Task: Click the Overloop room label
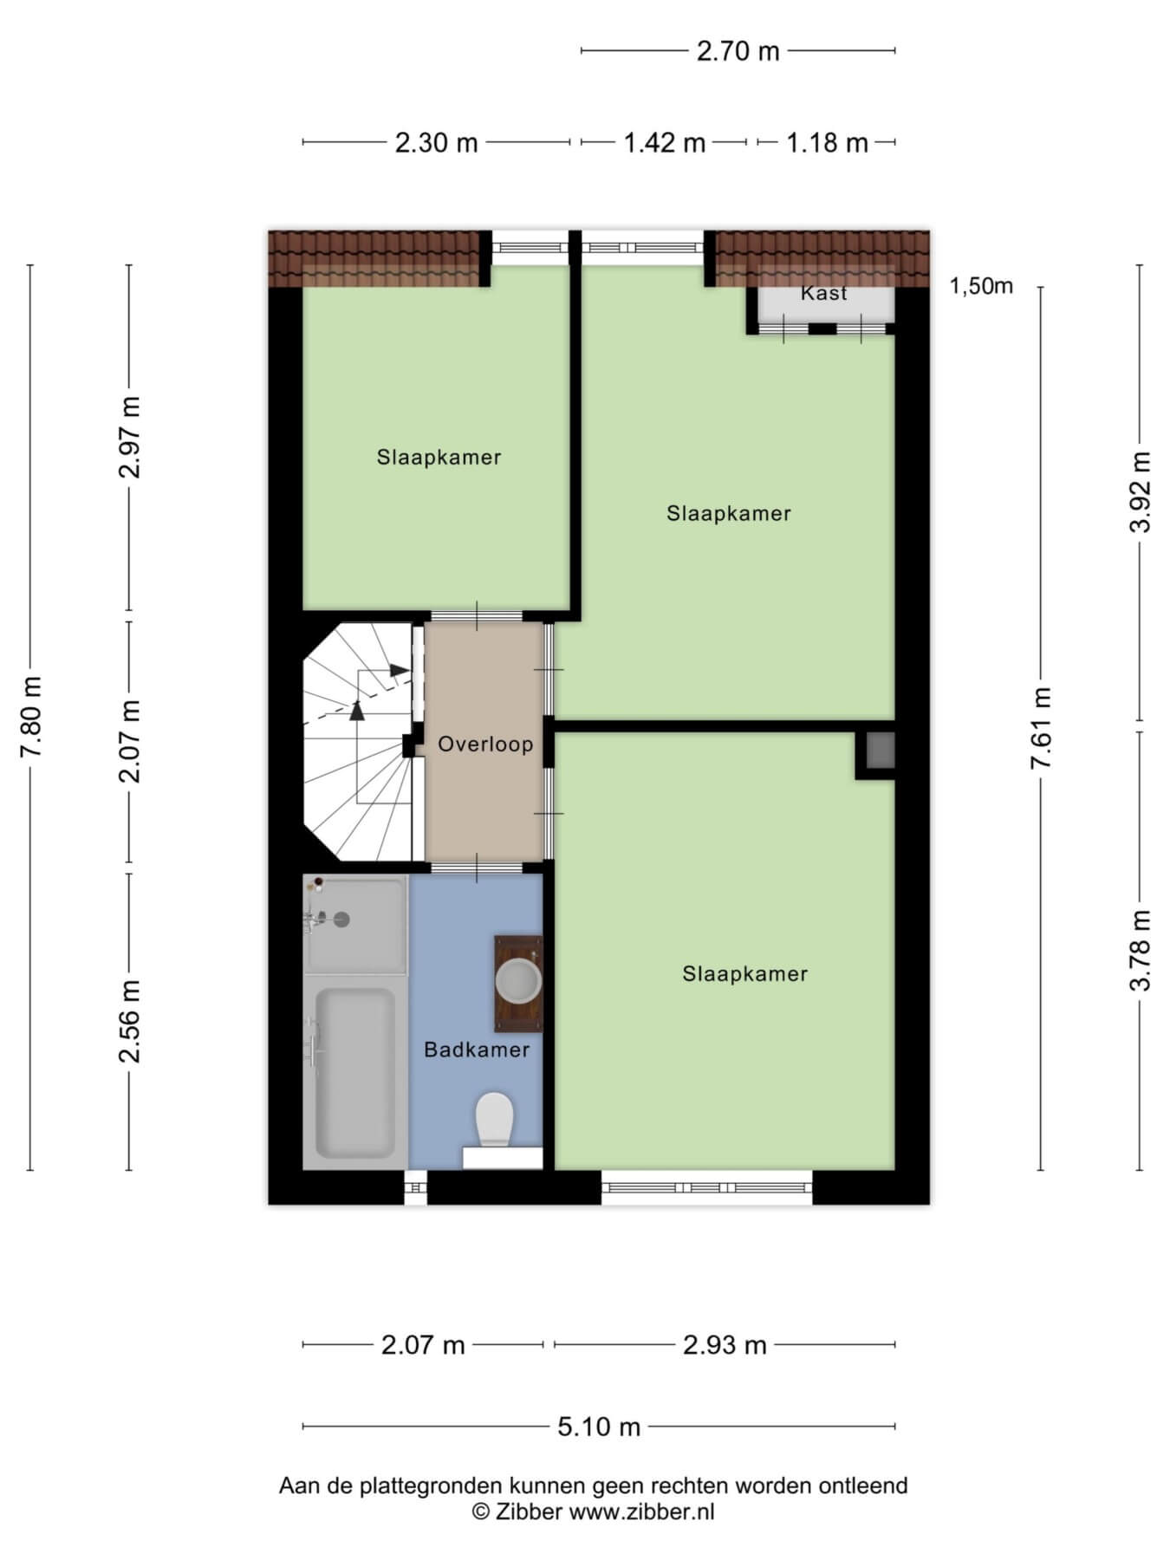tap(485, 744)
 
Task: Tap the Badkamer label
tap(477, 1050)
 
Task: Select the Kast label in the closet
tap(824, 293)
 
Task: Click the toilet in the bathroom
tap(495, 1119)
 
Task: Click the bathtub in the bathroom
tap(355, 1073)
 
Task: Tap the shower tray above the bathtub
tap(354, 924)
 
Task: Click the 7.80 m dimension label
tap(32, 717)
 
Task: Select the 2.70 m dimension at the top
tap(738, 51)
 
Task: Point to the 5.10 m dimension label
tap(599, 1426)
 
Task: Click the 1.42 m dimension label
tap(665, 142)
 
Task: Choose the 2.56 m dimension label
tap(131, 1022)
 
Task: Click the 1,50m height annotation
tap(982, 286)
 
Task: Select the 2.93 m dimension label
tap(725, 1345)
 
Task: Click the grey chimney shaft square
tap(880, 751)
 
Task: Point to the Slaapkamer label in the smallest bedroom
tap(439, 457)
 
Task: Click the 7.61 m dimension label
tap(1041, 727)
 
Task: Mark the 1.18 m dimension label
tap(827, 142)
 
